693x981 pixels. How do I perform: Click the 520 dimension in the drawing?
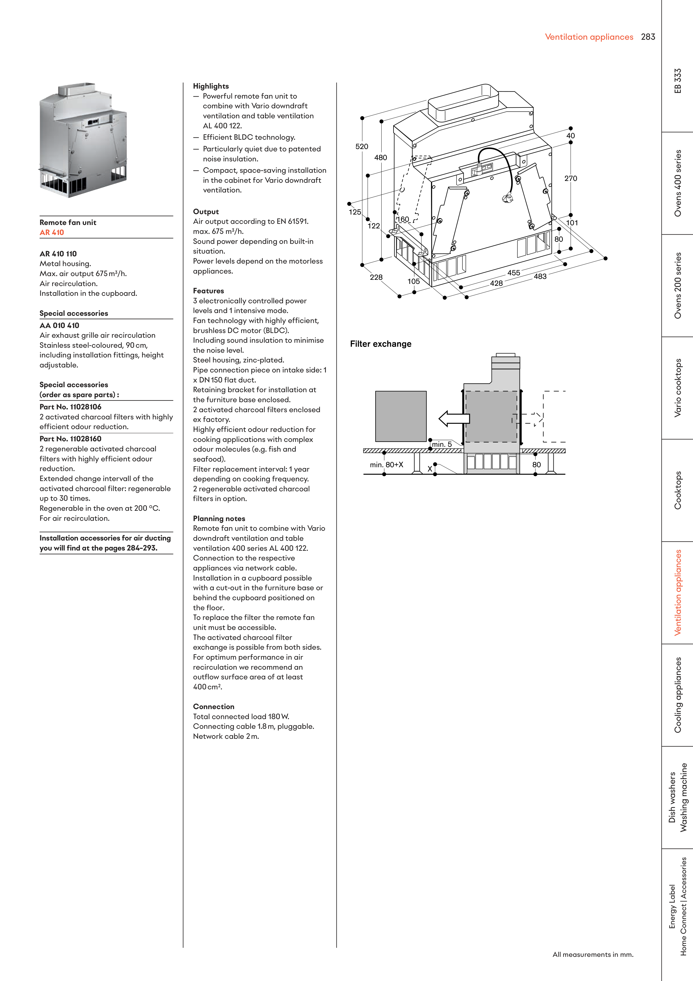click(x=362, y=147)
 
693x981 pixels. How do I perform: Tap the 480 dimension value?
click(x=380, y=158)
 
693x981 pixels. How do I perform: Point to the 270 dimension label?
click(x=570, y=179)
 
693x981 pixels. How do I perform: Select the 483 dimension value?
click(x=540, y=276)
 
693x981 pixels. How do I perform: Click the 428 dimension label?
click(x=496, y=283)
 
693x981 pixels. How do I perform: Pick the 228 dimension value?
click(x=376, y=277)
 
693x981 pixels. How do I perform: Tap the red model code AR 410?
click(x=52, y=232)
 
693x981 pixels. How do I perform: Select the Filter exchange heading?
click(x=380, y=344)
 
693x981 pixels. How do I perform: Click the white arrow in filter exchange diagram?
click(x=453, y=419)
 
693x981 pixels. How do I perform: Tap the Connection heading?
click(x=213, y=706)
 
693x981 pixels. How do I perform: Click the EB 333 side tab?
click(x=678, y=81)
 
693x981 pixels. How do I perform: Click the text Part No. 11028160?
click(x=70, y=439)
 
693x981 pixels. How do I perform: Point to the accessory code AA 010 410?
click(x=59, y=326)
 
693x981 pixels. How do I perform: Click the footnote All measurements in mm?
click(x=593, y=955)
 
